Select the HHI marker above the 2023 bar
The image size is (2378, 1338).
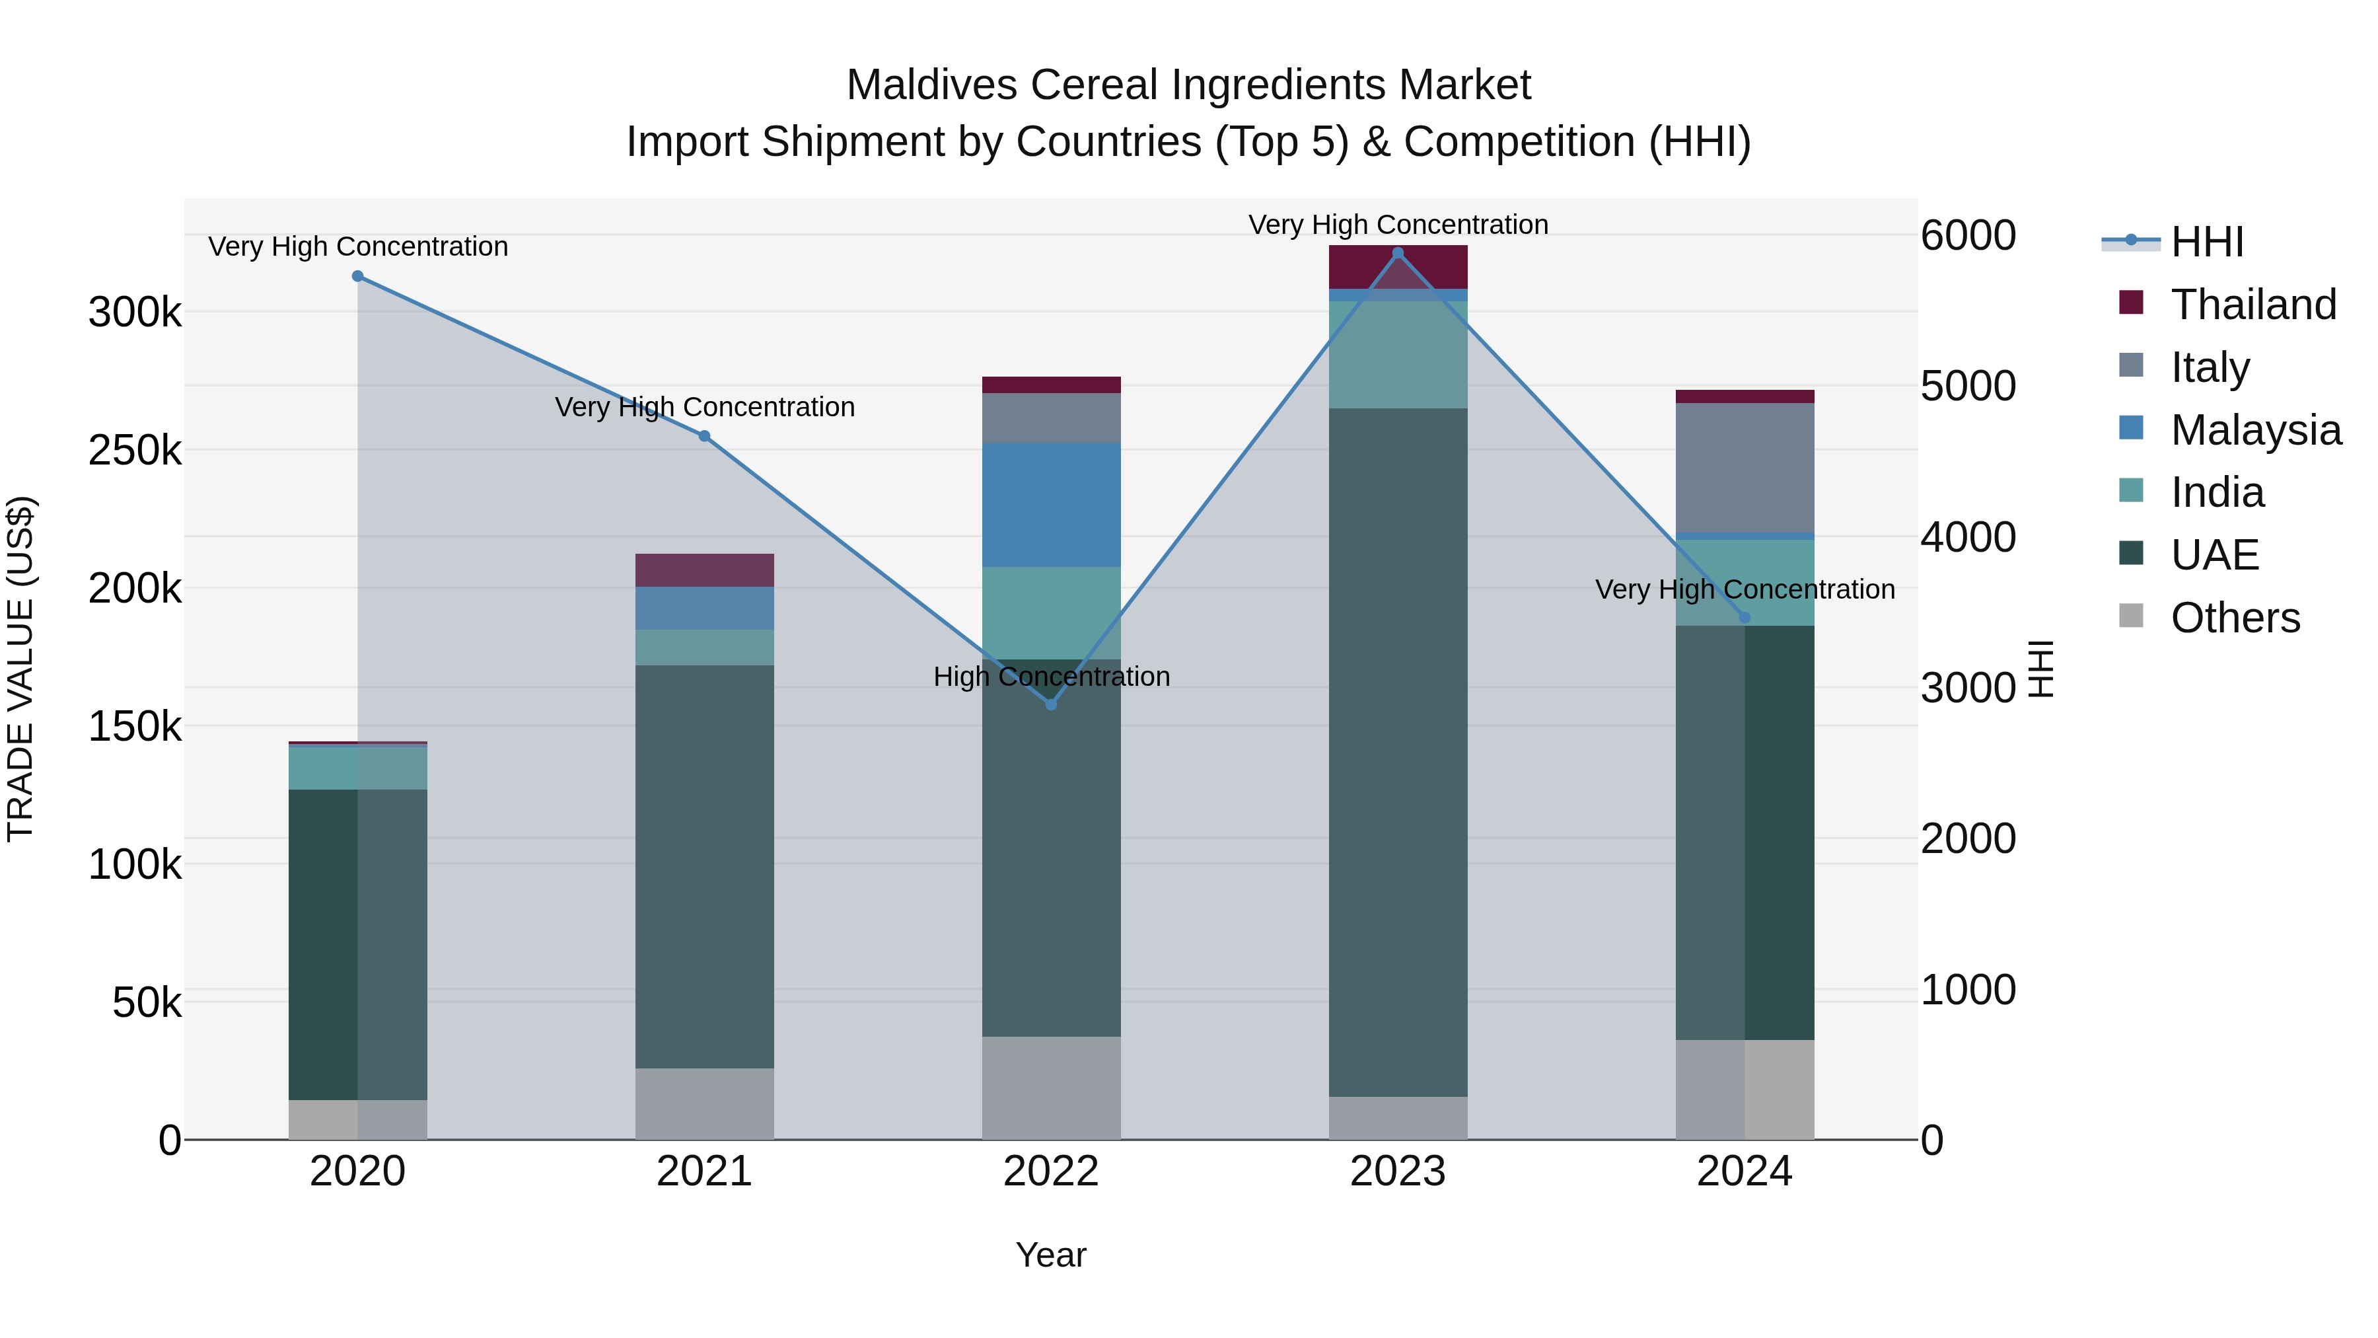[1398, 253]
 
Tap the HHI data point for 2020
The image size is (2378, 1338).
[358, 276]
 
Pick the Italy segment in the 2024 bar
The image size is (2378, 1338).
[1744, 468]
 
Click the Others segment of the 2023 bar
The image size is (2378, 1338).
[1398, 1117]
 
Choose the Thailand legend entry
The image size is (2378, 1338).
[2252, 305]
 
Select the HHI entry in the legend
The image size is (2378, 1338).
[2206, 242]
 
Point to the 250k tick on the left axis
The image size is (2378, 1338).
[135, 451]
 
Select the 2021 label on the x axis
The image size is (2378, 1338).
[704, 1171]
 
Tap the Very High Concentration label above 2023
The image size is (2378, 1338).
[1398, 225]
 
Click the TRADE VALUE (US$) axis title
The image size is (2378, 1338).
[20, 669]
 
